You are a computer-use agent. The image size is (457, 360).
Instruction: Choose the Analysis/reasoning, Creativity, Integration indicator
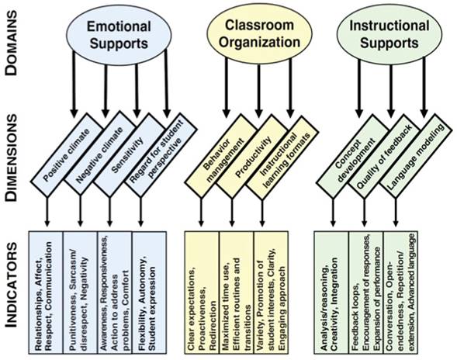click(333, 292)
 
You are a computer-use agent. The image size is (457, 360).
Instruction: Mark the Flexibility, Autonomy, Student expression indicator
click(148, 292)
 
